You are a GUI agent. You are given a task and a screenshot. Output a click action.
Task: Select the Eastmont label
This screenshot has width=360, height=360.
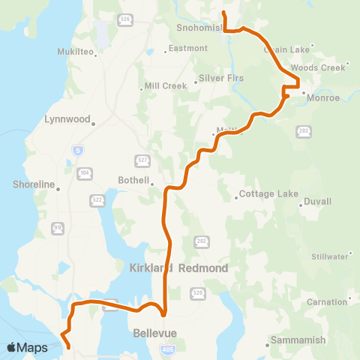[188, 48]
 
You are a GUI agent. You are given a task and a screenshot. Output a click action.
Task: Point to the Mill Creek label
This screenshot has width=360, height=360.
[165, 85]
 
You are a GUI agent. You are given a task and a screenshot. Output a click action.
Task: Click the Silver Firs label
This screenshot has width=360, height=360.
[220, 78]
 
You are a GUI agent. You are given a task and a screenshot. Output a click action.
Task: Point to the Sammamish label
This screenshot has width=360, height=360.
[298, 340]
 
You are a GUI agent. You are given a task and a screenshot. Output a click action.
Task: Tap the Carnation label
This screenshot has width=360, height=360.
[325, 301]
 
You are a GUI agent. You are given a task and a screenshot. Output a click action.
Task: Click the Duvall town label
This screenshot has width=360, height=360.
[318, 201]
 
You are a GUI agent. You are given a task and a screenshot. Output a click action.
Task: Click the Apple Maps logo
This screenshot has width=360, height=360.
[28, 347]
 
